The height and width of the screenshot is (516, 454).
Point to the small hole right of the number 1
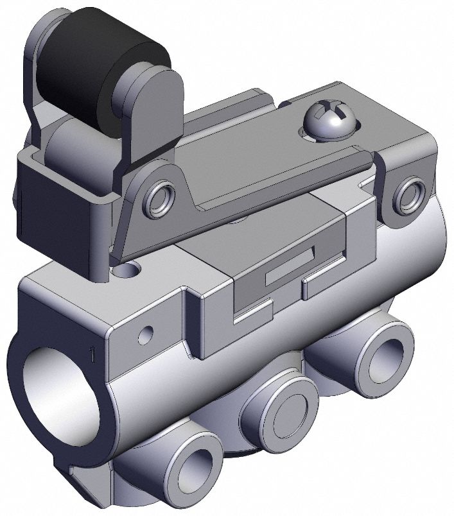tap(148, 333)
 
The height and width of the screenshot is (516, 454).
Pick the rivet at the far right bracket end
tap(408, 196)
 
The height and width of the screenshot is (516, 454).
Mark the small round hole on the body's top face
tap(133, 271)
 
